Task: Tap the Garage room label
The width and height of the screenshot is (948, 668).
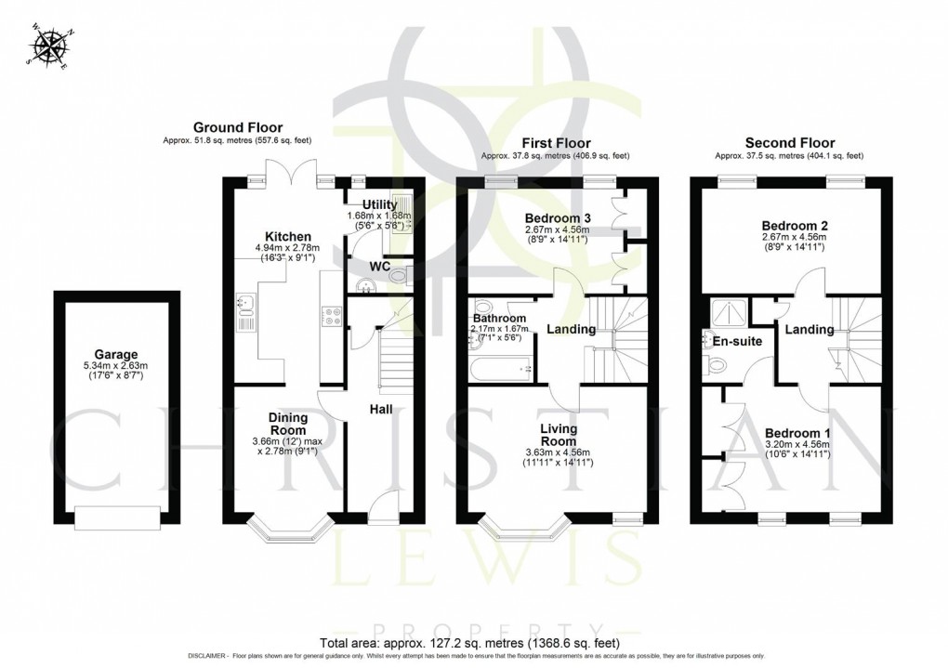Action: click(116, 354)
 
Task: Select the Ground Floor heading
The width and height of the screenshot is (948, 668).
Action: click(238, 127)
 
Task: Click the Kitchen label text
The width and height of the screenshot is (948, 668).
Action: click(287, 237)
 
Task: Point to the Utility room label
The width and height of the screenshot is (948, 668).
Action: click(367, 203)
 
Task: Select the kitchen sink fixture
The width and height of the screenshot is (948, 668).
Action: click(246, 305)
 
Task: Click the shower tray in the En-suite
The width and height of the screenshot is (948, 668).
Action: click(728, 310)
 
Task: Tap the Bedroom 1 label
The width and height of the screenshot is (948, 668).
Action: click(795, 433)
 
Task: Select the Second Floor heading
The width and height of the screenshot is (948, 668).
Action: click(790, 143)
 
